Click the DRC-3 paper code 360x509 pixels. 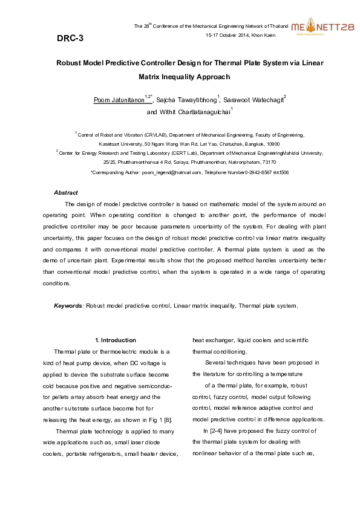click(70, 38)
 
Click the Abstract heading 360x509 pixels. click(66, 192)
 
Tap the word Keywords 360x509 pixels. click(68, 306)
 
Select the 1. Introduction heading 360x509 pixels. click(116, 340)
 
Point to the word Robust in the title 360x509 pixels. click(71, 63)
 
